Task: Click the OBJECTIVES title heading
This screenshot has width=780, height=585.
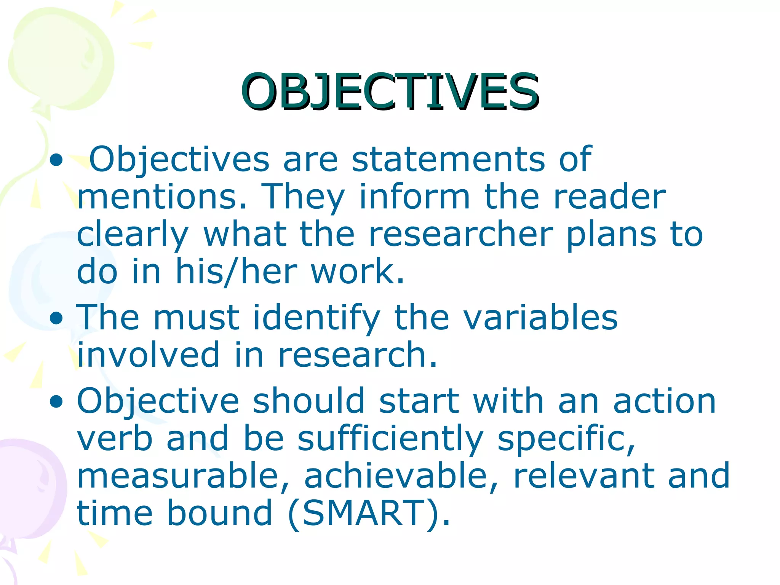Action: click(390, 92)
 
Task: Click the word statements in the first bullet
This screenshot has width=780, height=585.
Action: click(448, 159)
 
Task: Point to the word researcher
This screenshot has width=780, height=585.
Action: click(461, 234)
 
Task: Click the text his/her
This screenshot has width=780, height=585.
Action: click(236, 272)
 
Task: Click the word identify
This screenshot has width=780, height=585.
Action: click(316, 318)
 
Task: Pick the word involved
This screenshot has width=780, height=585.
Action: click(149, 355)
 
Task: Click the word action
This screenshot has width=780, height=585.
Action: click(665, 401)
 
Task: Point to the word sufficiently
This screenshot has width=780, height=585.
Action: click(390, 439)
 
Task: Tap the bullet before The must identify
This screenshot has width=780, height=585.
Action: click(56, 318)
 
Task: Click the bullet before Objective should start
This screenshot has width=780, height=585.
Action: click(56, 401)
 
